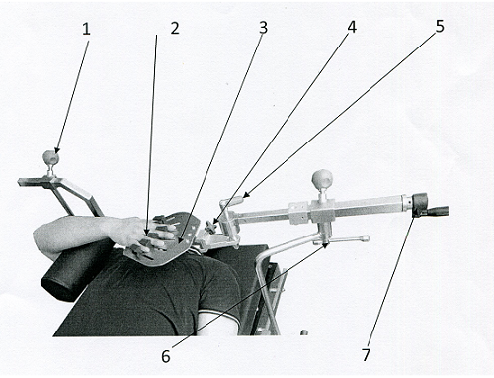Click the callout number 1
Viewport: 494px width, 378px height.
(86, 30)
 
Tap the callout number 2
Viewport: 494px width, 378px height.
(175, 29)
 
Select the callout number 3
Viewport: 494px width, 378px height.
(263, 28)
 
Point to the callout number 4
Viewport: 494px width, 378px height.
(352, 27)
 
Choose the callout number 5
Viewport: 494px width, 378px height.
(440, 27)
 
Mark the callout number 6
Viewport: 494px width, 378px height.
(166, 356)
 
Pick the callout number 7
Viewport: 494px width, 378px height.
(366, 355)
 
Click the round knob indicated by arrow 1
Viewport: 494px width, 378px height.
(51, 157)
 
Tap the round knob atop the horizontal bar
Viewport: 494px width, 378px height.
(322, 179)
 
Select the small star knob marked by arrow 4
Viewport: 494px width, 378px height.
(210, 226)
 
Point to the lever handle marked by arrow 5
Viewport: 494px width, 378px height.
(232, 201)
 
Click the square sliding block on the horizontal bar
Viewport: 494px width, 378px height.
(299, 213)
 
